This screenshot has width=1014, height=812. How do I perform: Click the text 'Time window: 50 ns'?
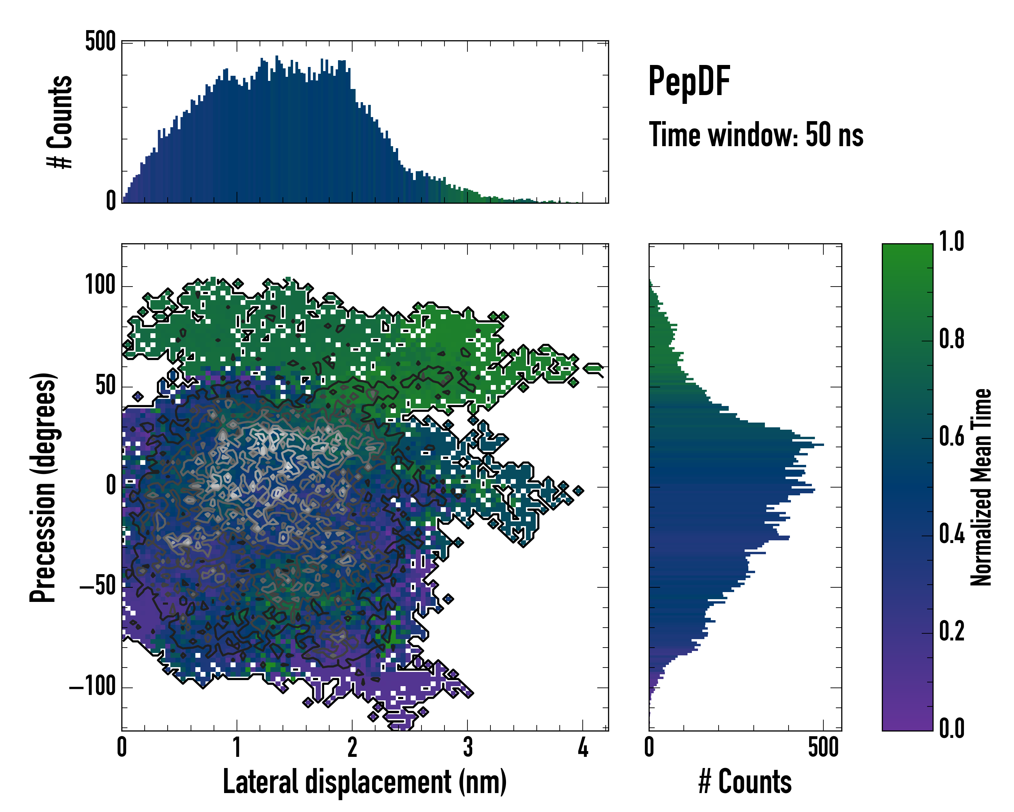[756, 135]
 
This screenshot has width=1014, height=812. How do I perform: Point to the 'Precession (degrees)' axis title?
[43, 487]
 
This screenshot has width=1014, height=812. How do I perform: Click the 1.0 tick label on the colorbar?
[951, 242]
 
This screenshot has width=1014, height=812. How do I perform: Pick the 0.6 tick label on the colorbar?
[951, 437]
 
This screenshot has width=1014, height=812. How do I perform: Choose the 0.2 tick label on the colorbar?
[951, 632]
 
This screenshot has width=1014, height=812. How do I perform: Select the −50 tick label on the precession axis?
[97, 587]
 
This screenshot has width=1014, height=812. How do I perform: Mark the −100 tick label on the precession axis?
[92, 687]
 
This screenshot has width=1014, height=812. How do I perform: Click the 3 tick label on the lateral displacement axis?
[467, 747]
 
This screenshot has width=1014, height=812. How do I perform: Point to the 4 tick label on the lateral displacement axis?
[583, 747]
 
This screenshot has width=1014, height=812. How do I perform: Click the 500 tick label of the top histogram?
[100, 42]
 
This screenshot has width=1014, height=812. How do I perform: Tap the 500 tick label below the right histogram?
[823, 747]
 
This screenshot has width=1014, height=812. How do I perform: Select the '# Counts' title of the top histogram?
[60, 122]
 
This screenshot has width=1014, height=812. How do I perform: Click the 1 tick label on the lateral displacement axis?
[237, 747]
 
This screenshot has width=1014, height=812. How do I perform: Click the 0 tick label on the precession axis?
[111, 486]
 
